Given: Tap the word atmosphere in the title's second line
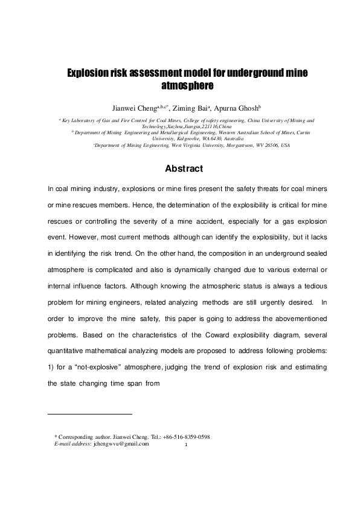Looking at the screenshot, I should (x=179, y=85).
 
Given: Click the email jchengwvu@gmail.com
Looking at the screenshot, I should (x=117, y=444).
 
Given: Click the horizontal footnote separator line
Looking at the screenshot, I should (x=89, y=414).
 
